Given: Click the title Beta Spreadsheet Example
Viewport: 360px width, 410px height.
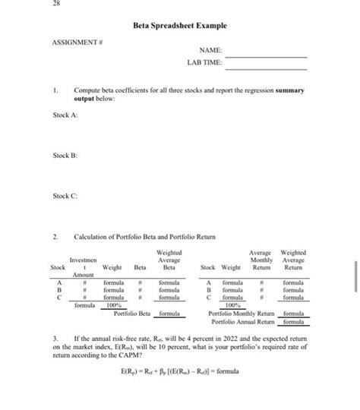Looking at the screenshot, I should click(180, 26).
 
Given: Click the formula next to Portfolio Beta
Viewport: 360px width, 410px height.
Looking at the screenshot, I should click(169, 313).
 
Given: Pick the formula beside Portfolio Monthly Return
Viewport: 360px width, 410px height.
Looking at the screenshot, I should click(293, 313).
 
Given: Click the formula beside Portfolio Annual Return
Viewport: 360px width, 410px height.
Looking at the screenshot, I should click(293, 321).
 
